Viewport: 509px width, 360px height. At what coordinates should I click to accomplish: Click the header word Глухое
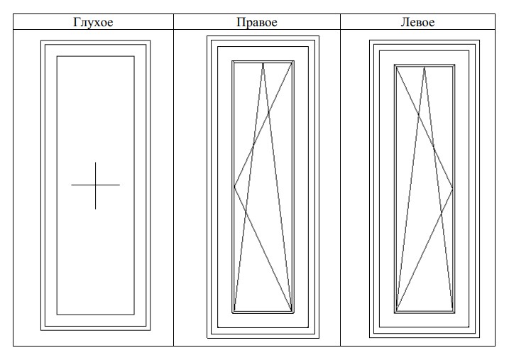[94, 22]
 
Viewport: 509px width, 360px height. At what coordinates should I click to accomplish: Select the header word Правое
[256, 22]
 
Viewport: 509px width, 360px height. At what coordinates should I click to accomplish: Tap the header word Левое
[418, 22]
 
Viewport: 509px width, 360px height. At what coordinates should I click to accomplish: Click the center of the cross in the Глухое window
[95, 185]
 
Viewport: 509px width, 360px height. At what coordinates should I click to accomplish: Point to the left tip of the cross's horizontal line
[72, 185]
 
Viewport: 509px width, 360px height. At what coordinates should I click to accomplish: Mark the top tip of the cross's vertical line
[95, 162]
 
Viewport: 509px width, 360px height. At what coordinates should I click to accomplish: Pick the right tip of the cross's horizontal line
[119, 185]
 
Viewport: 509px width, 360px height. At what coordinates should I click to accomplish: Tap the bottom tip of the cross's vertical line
[95, 209]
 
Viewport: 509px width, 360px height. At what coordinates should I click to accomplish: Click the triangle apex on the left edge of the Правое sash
[234, 187]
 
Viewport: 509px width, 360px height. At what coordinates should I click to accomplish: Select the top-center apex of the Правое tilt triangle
[263, 63]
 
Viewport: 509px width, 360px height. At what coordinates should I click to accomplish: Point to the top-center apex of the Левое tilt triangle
[425, 67]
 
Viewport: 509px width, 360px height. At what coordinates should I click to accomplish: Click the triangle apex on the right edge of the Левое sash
[453, 187]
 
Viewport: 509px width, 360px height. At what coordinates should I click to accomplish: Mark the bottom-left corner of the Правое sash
[234, 311]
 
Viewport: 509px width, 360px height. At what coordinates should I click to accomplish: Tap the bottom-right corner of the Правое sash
[292, 311]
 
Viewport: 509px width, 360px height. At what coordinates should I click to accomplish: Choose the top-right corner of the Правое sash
[292, 62]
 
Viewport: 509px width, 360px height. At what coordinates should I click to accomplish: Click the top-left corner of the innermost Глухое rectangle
[57, 56]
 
